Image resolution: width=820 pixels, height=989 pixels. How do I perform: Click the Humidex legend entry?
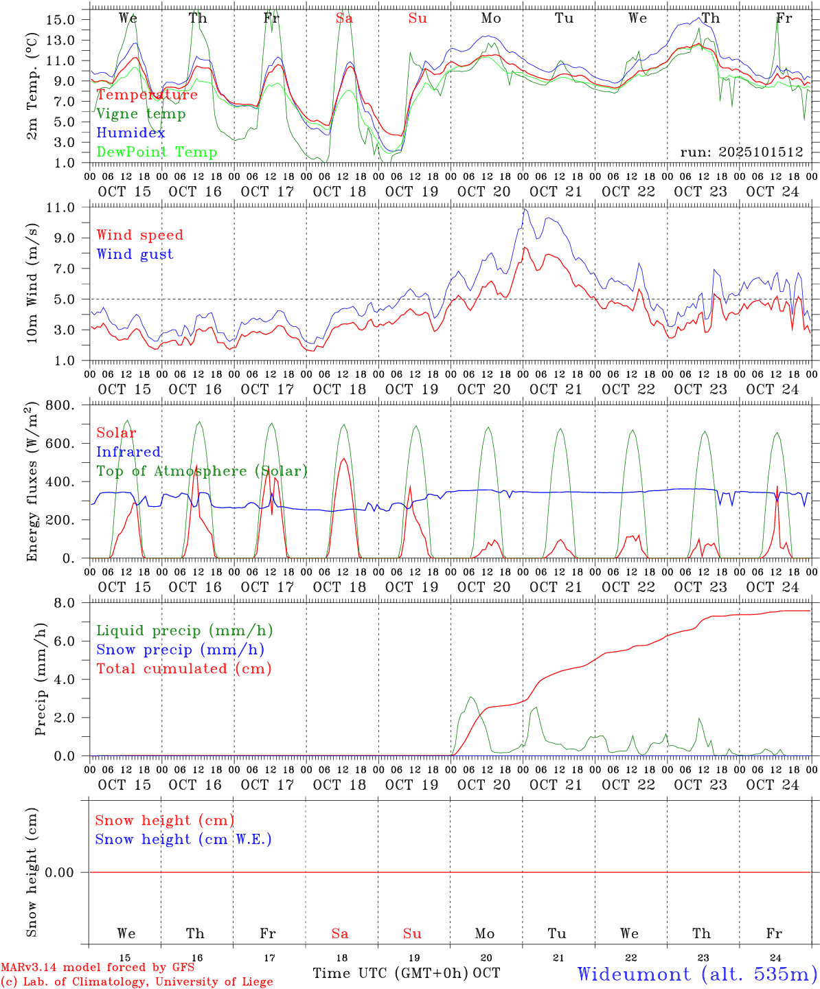[130, 133]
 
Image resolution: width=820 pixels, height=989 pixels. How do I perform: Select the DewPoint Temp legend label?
[157, 152]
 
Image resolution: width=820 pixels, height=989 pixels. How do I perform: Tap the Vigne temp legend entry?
[141, 114]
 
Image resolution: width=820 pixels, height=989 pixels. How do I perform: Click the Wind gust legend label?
[135, 254]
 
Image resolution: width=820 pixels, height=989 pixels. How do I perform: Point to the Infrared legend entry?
[128, 452]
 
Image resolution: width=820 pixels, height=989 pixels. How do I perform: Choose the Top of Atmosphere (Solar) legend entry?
[202, 471]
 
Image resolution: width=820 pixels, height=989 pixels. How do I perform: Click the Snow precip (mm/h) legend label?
[180, 650]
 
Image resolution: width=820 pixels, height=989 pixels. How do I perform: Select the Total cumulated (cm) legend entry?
[183, 669]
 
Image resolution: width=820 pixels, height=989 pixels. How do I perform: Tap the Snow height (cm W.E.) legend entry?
[183, 839]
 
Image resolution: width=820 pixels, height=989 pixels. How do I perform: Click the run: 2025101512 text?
[741, 152]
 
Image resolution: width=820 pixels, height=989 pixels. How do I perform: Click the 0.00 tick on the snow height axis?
[68, 872]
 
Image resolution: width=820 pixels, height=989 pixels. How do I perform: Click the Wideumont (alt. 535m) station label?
[696, 974]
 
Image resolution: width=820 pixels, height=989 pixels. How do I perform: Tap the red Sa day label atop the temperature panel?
[344, 19]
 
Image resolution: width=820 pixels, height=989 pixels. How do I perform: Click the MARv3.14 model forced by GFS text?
[98, 968]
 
